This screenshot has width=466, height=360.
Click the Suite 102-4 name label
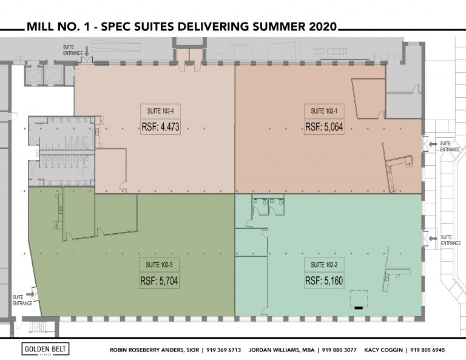(160, 111)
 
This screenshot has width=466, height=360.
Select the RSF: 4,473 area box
(160, 127)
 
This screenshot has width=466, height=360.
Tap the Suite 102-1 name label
(324, 111)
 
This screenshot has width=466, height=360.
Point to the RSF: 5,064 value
(324, 127)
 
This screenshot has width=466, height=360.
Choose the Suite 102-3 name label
(160, 265)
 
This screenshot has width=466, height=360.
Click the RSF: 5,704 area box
(160, 280)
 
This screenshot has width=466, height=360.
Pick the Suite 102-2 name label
(324, 265)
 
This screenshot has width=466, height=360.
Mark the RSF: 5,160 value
(324, 280)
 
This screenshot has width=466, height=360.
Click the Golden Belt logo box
(46, 349)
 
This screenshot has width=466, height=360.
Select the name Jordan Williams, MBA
(282, 350)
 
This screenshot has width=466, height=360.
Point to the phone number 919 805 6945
(428, 350)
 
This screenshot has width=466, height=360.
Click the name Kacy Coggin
(383, 350)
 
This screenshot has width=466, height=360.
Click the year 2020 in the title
(323, 27)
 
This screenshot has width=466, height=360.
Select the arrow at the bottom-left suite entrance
(30, 294)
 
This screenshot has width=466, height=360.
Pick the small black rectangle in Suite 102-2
(359, 308)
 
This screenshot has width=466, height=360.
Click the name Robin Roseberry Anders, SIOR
(154, 350)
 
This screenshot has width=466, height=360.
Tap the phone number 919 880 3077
(339, 350)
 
